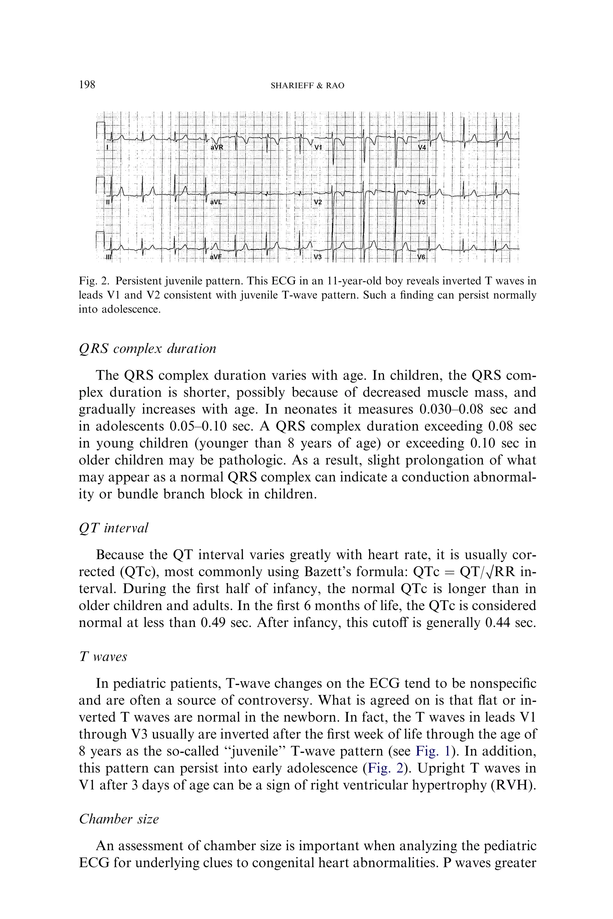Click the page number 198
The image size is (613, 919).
coord(87,84)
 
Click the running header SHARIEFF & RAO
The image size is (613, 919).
coord(307,86)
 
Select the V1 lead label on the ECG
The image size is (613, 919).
coord(318,148)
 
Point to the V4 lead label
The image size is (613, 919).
coord(422,148)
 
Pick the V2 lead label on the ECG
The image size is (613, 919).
coord(318,203)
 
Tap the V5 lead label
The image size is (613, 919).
coord(421,203)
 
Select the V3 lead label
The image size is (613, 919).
coord(318,257)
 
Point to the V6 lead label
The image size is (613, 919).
coord(422,257)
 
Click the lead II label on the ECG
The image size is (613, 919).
coord(109,203)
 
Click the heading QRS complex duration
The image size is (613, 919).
coord(147,349)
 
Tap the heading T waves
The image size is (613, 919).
coord(103,656)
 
